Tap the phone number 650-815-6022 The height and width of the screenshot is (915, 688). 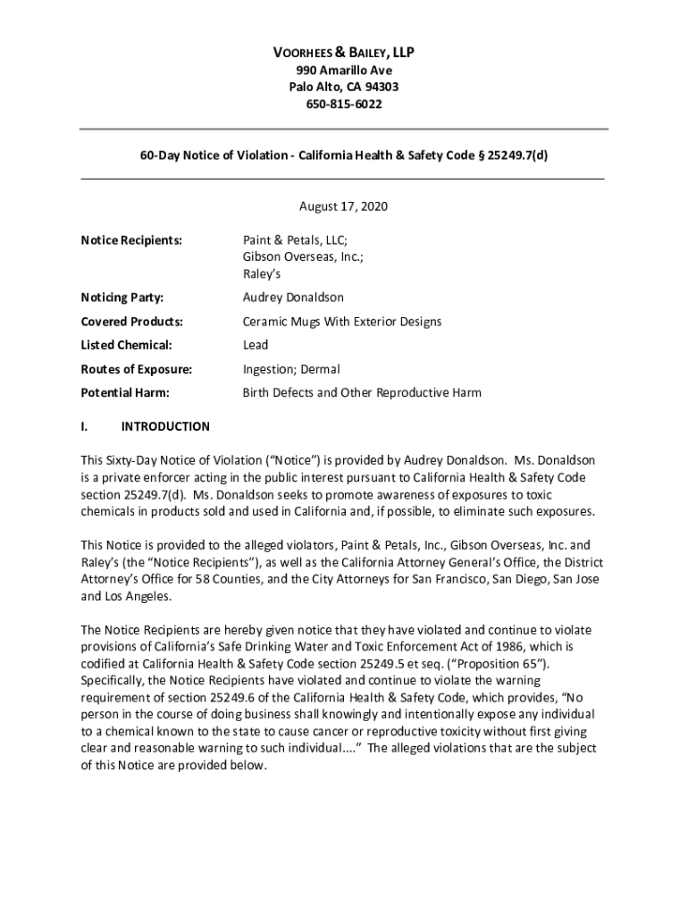pyautogui.click(x=344, y=105)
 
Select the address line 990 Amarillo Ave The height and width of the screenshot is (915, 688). pyautogui.click(x=344, y=71)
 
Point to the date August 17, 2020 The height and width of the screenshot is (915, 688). pyautogui.click(x=343, y=206)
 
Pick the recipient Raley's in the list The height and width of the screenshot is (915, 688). pyautogui.click(x=263, y=274)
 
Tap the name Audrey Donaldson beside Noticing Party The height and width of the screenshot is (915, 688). pyautogui.click(x=293, y=298)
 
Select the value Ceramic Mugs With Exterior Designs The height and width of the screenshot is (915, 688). pyautogui.click(x=342, y=322)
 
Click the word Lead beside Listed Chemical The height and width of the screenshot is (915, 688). pyautogui.click(x=256, y=345)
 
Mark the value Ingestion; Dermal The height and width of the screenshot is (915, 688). pyautogui.click(x=291, y=369)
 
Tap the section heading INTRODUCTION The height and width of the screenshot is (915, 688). pyautogui.click(x=165, y=427)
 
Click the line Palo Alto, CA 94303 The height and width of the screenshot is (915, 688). pyautogui.click(x=344, y=88)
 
